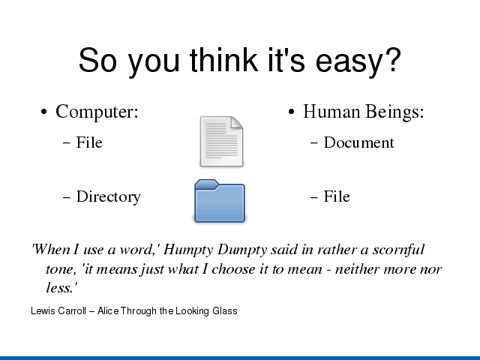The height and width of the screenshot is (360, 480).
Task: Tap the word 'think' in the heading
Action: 223,60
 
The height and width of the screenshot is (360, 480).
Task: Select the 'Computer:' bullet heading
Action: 97,112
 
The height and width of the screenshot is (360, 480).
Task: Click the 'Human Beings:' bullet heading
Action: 364,111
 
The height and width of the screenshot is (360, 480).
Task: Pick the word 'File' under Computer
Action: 89,142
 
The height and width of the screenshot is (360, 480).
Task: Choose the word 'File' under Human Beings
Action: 337,196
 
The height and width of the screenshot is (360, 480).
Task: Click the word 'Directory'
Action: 109,197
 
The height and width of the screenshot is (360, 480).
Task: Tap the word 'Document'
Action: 359,142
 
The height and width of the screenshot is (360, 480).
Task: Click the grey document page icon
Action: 222,142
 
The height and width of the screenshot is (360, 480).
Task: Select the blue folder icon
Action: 220,201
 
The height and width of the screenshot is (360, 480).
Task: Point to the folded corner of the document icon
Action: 237,123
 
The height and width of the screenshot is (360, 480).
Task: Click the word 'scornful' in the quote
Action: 398,250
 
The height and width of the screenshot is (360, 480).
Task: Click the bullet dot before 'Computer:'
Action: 44,112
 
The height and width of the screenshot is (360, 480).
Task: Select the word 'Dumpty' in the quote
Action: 242,250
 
